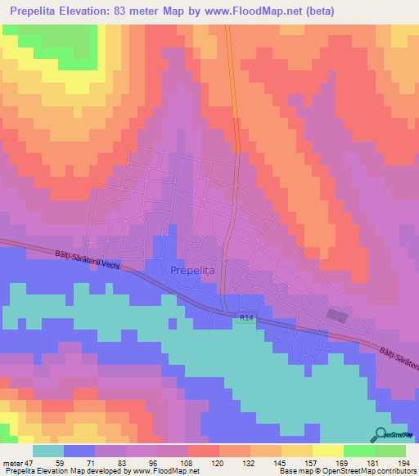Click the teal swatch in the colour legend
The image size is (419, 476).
tap(48, 450)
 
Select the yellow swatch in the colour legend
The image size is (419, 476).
tap(328, 450)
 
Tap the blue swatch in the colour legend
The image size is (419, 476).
tap(79, 450)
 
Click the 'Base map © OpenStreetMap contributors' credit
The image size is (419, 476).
tap(351, 471)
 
